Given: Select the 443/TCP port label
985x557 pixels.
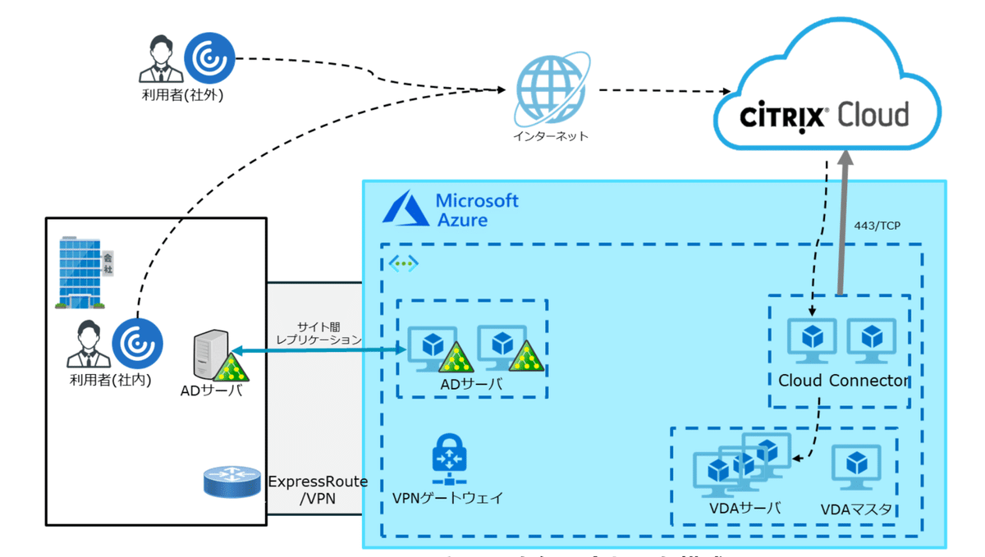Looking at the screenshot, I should pyautogui.click(x=877, y=225).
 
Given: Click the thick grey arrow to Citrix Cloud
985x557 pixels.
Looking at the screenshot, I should pyautogui.click(x=841, y=221).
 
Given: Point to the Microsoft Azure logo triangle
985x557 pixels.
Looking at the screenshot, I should pyautogui.click(x=403, y=209).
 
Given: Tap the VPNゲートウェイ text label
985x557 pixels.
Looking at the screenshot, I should pyautogui.click(x=447, y=497).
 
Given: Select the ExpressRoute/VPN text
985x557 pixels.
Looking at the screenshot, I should pyautogui.click(x=318, y=490).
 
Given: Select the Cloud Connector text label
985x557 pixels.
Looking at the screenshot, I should pyautogui.click(x=843, y=381).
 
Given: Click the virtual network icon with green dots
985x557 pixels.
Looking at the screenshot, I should pyautogui.click(x=403, y=263).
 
